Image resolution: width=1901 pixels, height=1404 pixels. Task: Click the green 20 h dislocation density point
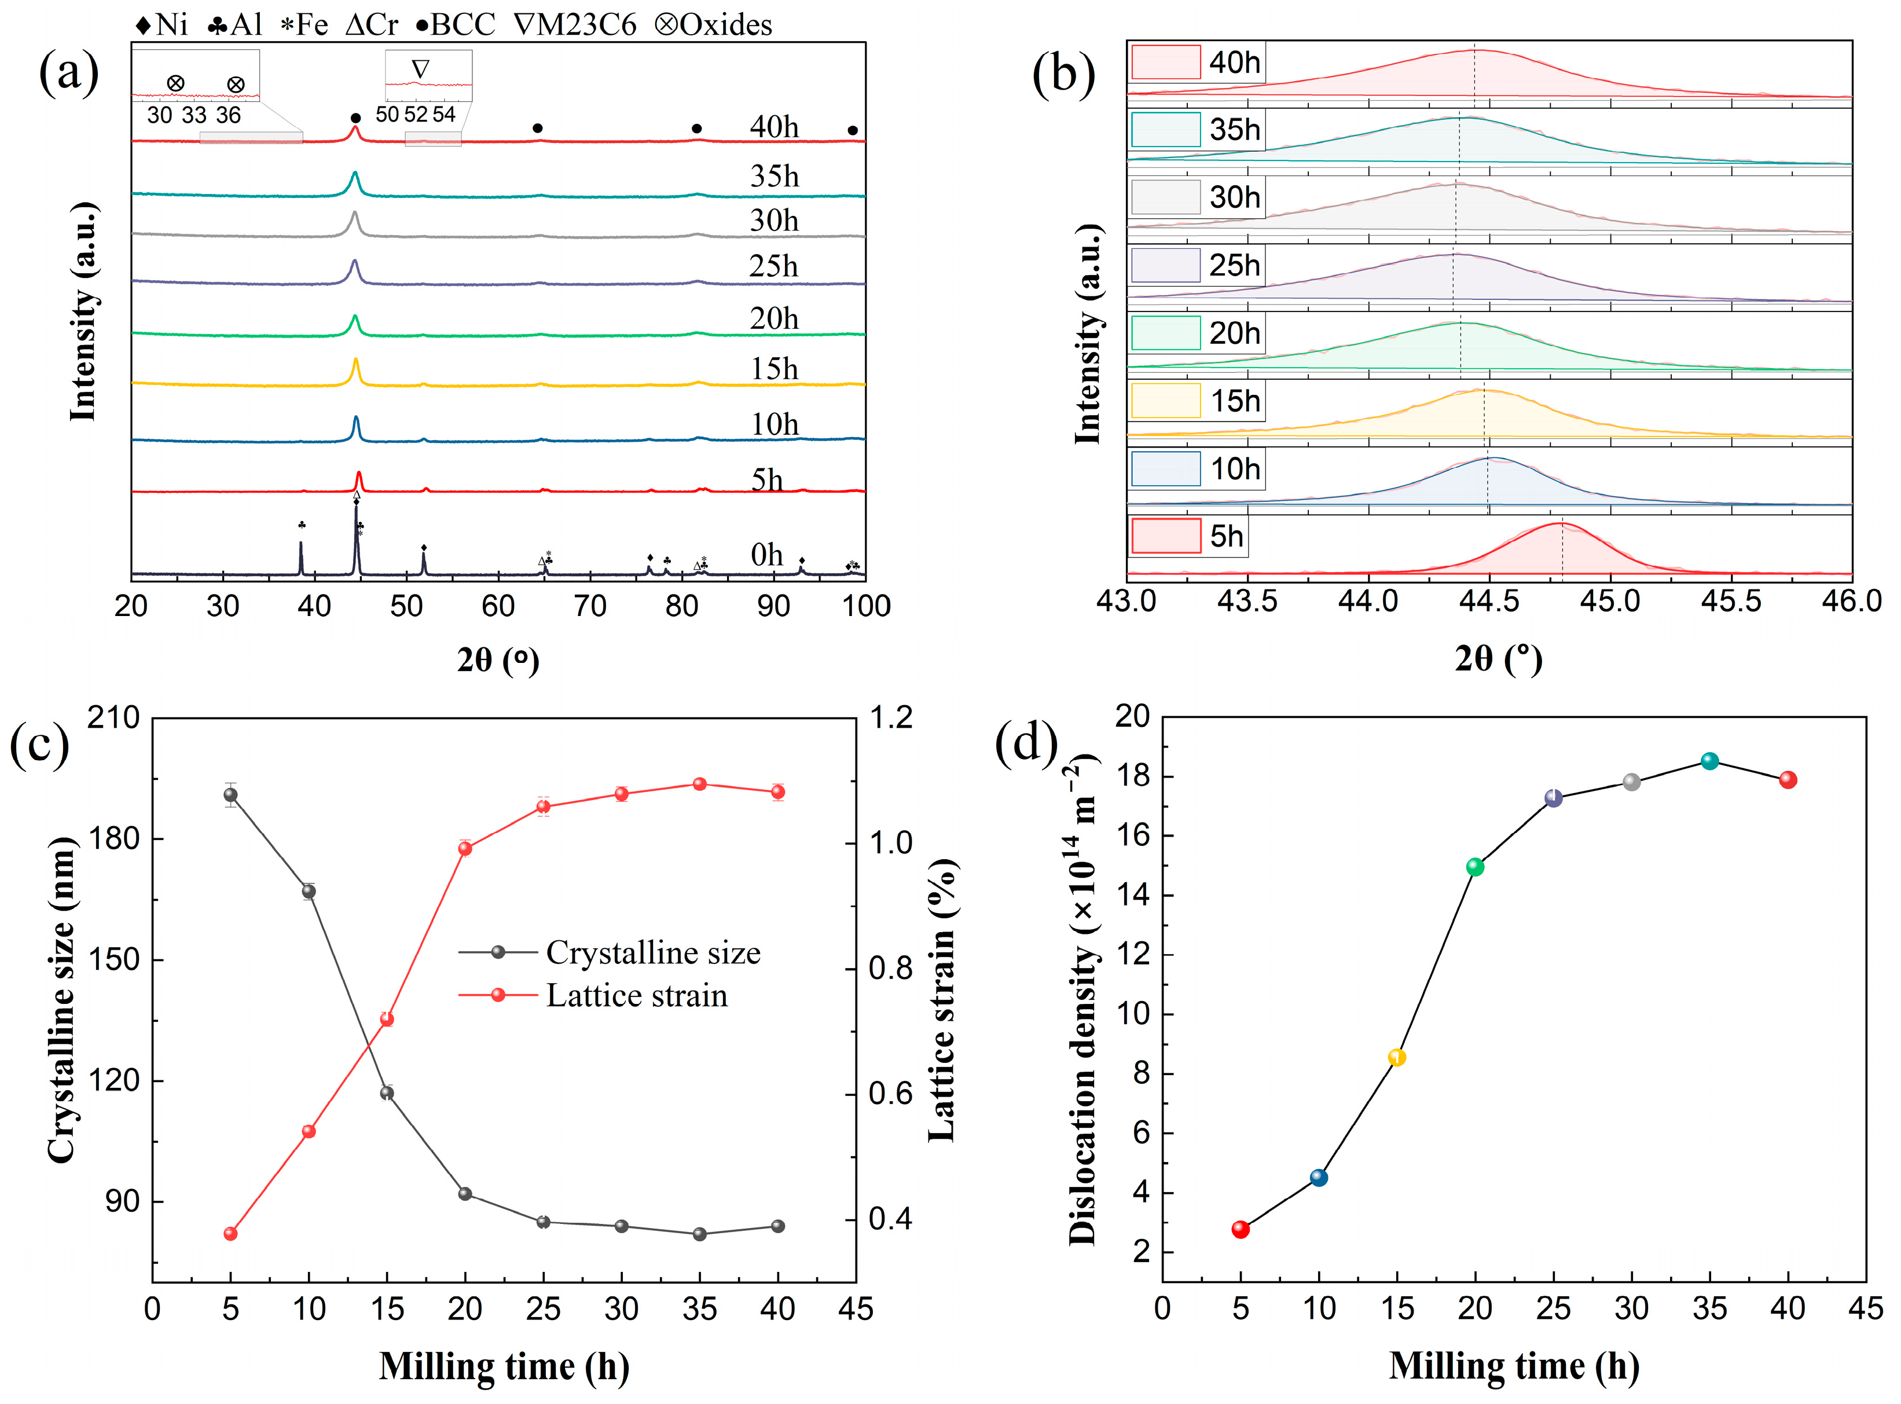point(1476,867)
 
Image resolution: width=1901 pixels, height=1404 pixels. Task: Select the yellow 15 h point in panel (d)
point(1397,1057)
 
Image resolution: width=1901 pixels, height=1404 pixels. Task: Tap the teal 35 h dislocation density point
point(1710,761)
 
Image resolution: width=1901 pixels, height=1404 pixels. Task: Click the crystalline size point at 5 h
point(230,795)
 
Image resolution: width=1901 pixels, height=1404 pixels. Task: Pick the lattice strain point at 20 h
point(465,848)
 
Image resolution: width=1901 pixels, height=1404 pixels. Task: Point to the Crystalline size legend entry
point(652,953)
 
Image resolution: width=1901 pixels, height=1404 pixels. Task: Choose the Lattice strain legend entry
point(637,995)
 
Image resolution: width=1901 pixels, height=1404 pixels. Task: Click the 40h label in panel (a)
point(773,127)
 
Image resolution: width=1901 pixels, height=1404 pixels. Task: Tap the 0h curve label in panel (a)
point(766,555)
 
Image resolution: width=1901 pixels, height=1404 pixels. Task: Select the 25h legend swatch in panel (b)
point(1165,265)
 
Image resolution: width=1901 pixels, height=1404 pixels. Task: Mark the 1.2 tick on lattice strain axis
point(891,718)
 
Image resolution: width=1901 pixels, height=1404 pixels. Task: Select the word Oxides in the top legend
point(726,25)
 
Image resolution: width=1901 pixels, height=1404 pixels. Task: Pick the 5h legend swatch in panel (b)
point(1165,536)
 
